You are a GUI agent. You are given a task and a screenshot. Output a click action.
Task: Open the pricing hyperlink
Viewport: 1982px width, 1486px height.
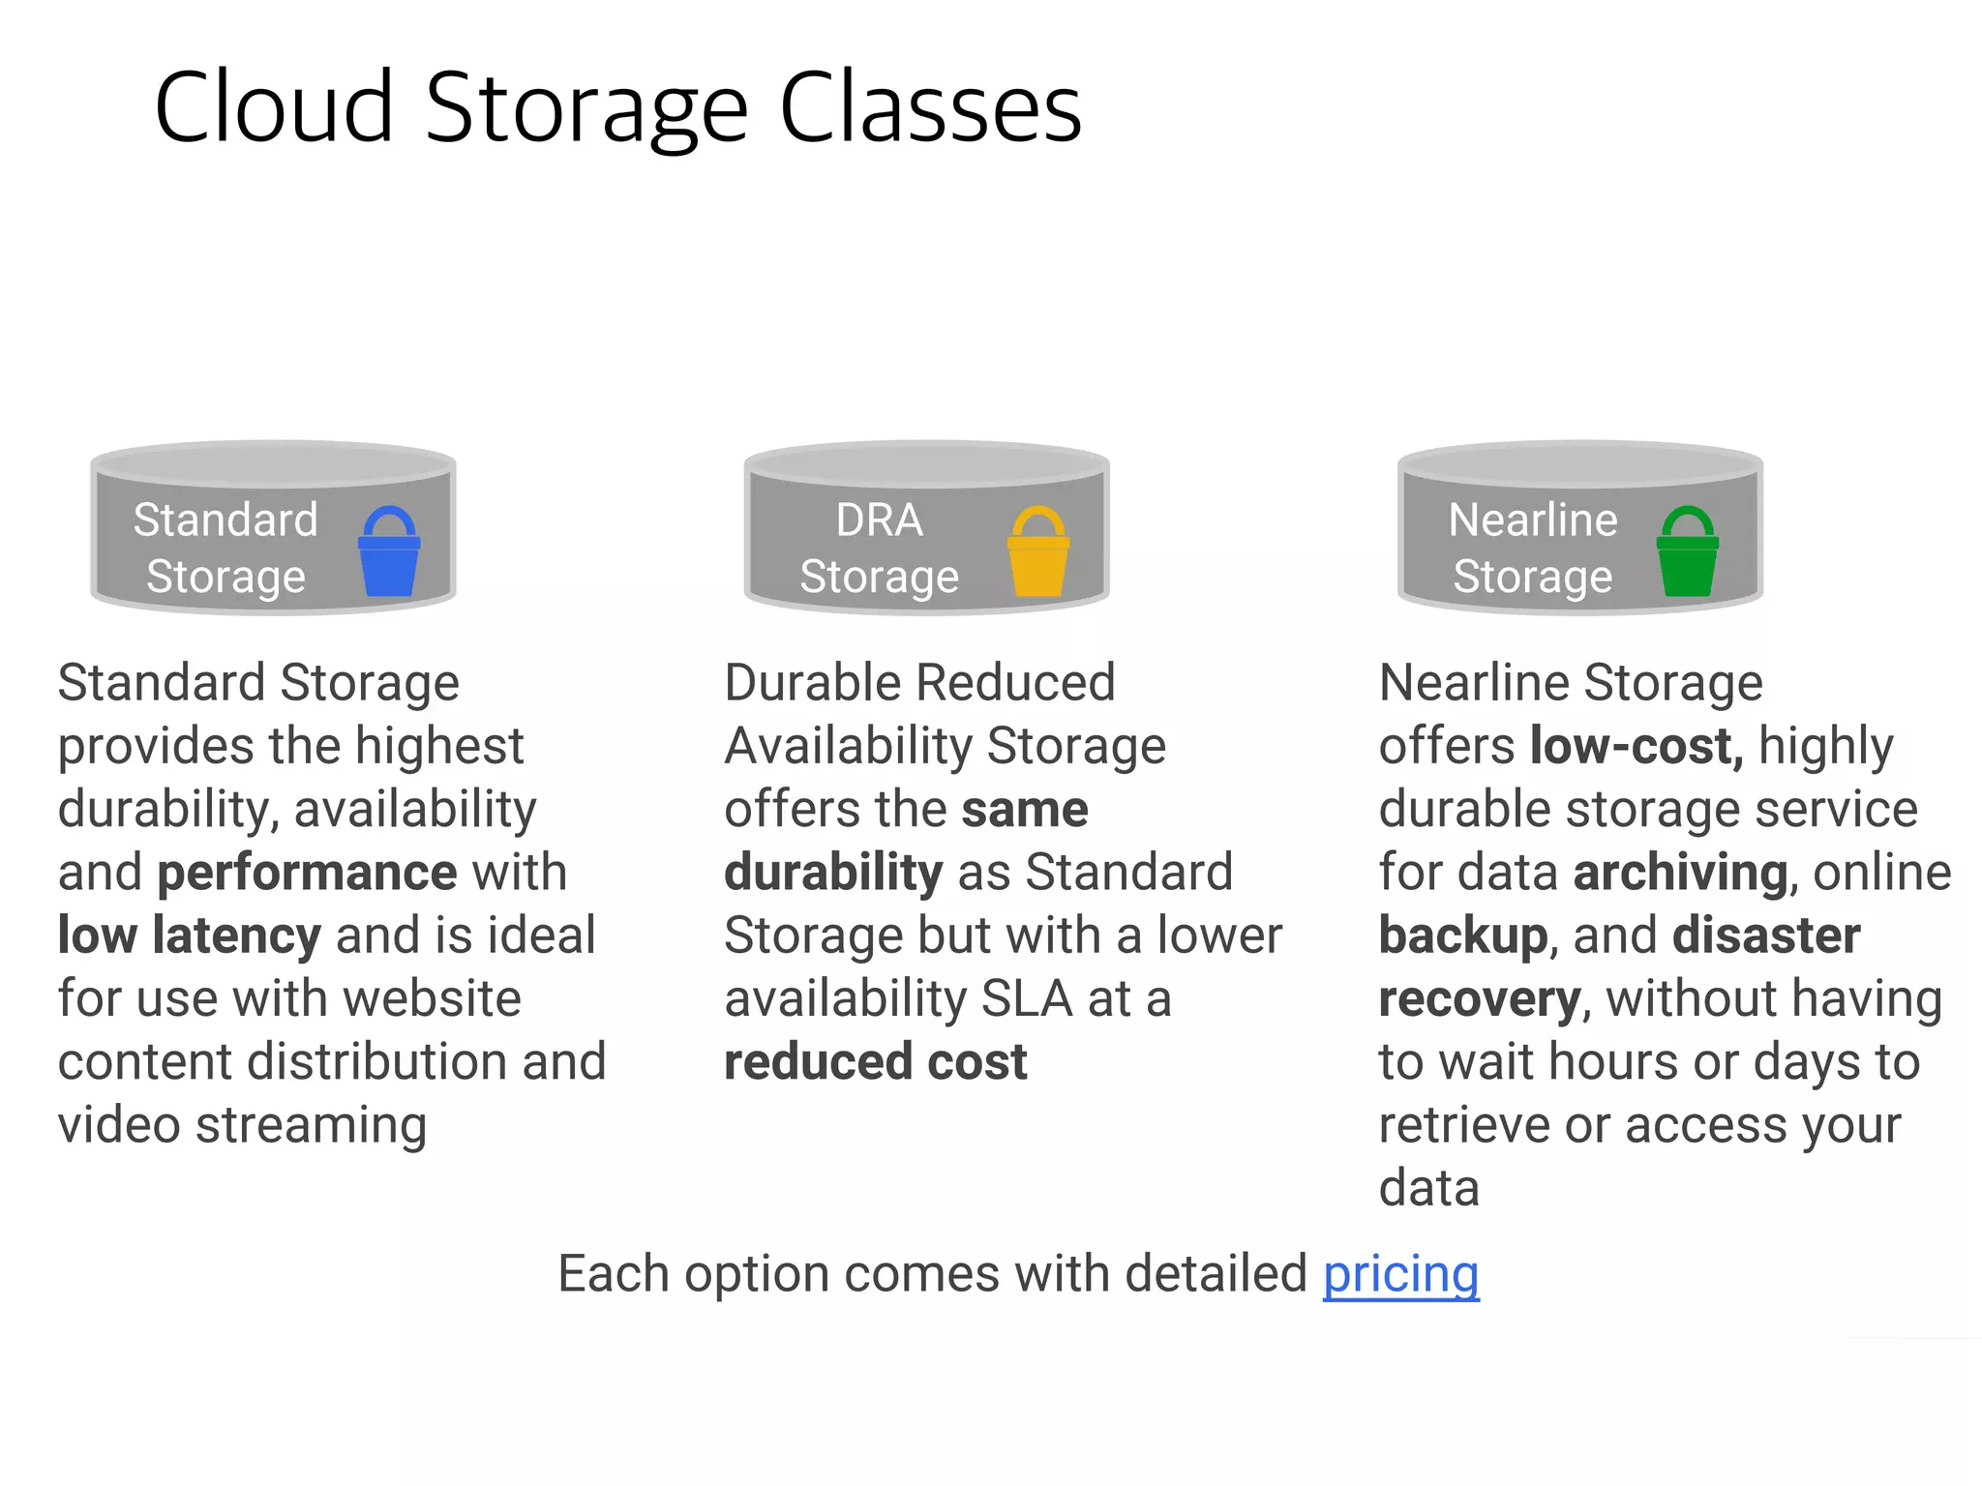(x=1400, y=1274)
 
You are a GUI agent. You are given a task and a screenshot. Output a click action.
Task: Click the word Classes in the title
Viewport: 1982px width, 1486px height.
(x=930, y=107)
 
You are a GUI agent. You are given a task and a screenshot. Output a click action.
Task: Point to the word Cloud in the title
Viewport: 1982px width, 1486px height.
(x=274, y=107)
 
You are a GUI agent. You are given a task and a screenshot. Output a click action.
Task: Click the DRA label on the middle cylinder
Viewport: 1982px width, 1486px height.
(x=879, y=520)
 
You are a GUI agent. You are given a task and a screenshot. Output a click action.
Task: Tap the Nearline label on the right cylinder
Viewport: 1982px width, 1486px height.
(x=1532, y=520)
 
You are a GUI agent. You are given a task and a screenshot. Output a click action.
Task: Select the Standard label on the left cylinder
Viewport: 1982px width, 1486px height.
(x=225, y=520)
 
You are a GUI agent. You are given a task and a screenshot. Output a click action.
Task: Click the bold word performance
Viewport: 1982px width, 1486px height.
(x=307, y=873)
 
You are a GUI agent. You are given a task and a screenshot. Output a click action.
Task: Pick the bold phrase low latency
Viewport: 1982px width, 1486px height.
(x=189, y=936)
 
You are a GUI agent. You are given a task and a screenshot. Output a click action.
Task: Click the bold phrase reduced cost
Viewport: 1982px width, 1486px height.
(x=875, y=1062)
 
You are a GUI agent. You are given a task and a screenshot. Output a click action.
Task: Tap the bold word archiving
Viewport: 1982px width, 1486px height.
(x=1680, y=873)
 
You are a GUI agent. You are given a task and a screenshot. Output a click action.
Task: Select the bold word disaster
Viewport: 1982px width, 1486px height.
(x=1766, y=936)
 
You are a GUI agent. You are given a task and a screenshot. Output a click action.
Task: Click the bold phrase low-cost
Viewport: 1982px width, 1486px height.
(x=1637, y=746)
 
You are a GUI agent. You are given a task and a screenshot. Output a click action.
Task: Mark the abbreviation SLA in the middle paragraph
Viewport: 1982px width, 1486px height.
(x=1027, y=998)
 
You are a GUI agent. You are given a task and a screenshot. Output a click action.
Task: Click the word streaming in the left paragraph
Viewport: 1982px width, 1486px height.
(x=311, y=1125)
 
